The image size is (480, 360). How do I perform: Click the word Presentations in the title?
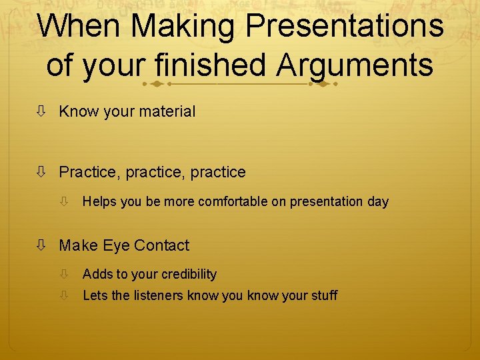[344, 27]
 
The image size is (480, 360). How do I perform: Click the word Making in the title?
[183, 27]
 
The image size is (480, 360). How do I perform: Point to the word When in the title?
[79, 27]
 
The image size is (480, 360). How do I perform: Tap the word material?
[167, 112]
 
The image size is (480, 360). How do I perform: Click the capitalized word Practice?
[87, 173]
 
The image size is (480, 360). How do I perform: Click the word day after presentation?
[377, 202]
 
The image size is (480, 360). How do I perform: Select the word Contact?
[161, 246]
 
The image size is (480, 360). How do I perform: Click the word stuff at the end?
[324, 295]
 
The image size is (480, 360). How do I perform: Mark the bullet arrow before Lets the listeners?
[65, 295]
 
